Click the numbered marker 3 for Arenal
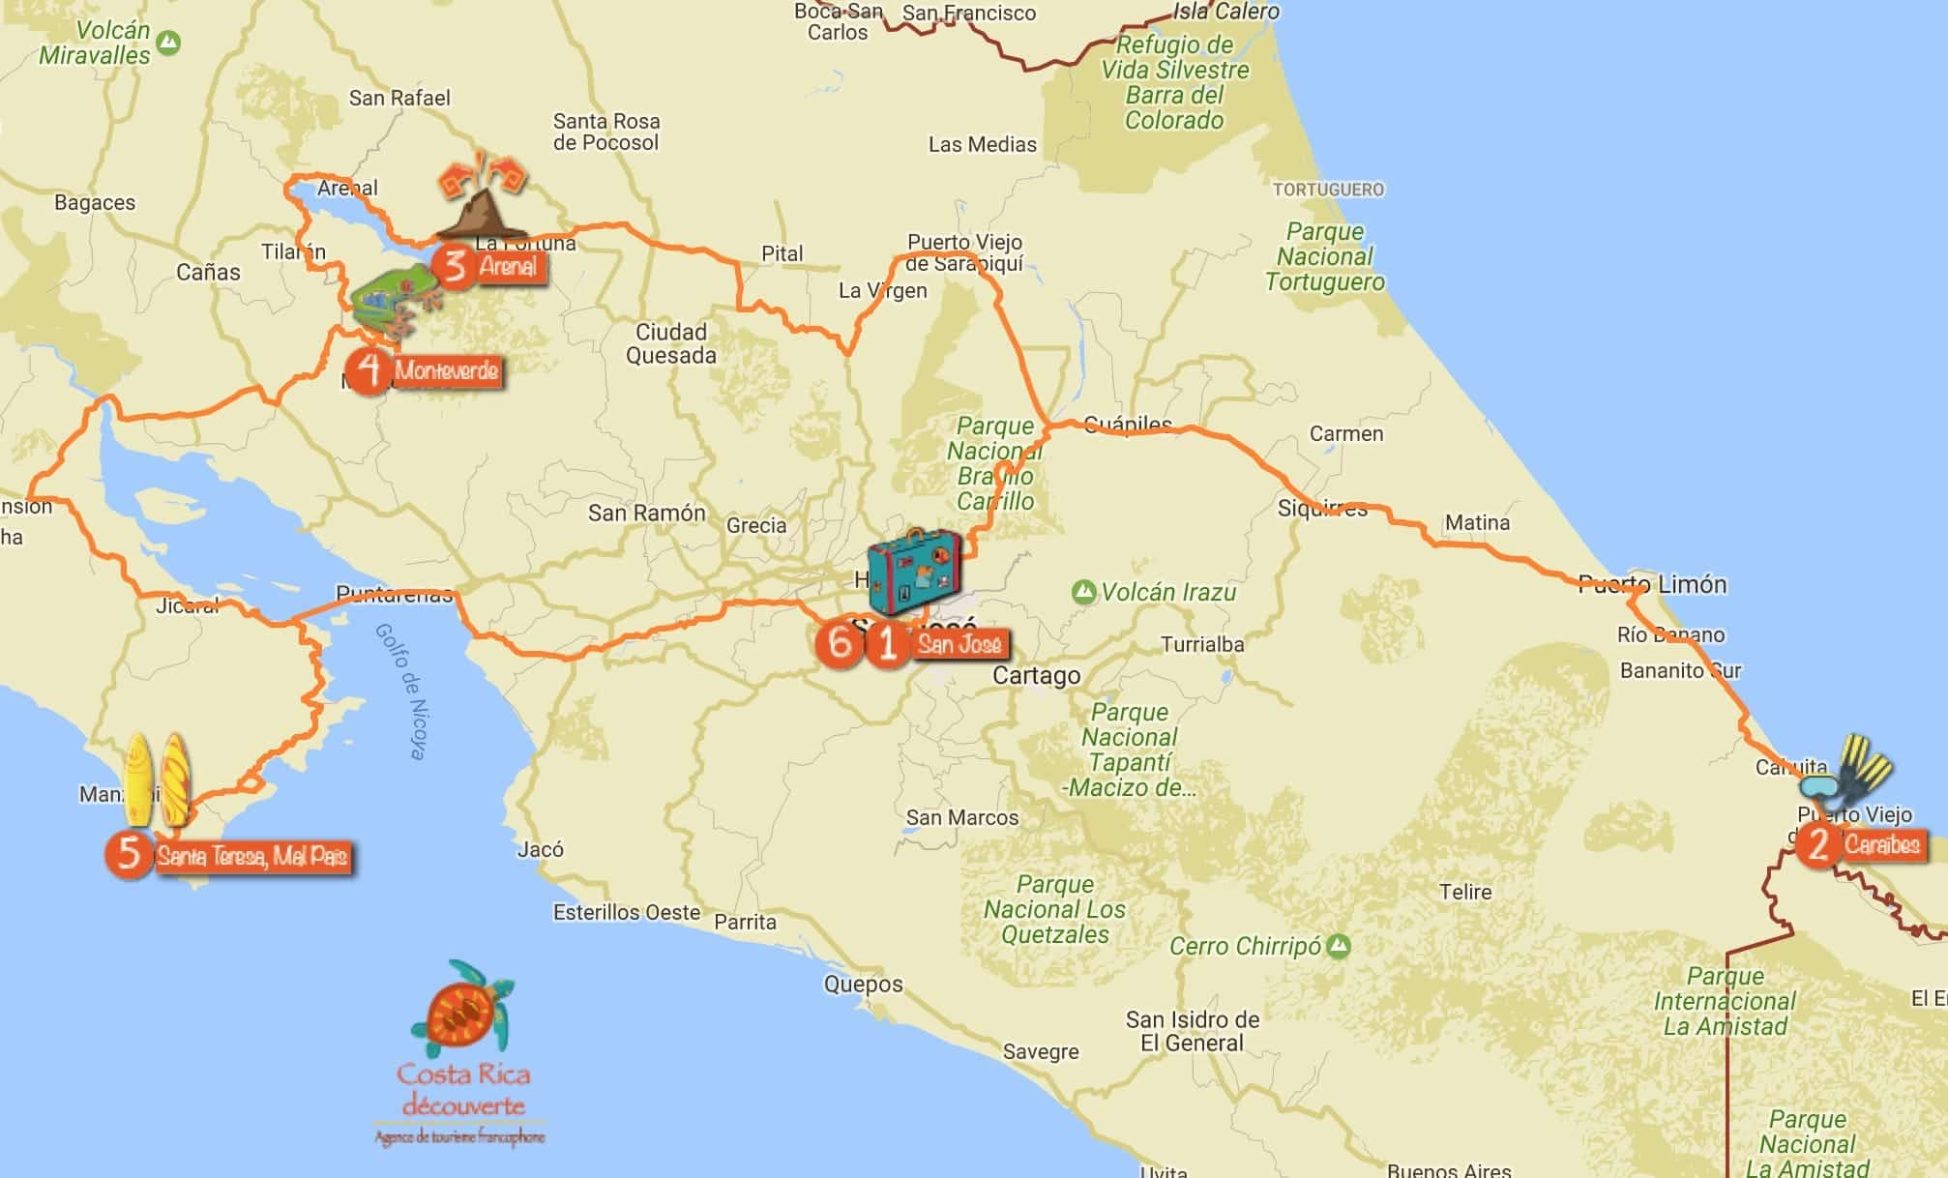click(455, 265)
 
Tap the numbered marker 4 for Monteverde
click(369, 369)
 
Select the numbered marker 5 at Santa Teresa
click(130, 855)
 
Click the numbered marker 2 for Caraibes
click(1818, 844)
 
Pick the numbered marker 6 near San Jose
click(839, 642)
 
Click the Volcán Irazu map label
click(1168, 592)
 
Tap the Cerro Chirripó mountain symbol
click(1339, 946)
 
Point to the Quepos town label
click(863, 985)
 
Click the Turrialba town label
click(1202, 644)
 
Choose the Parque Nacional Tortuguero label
click(1325, 256)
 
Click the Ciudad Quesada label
click(671, 343)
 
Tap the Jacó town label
click(541, 849)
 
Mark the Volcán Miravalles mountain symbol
click(170, 43)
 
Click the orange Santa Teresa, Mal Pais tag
click(251, 857)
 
